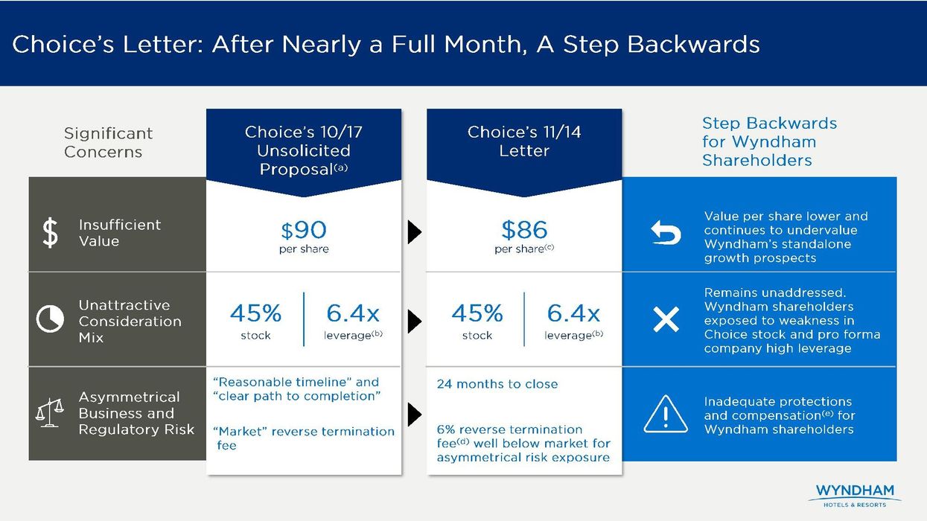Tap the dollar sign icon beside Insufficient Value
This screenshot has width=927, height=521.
click(50, 233)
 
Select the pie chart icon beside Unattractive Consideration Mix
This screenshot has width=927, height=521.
click(50, 320)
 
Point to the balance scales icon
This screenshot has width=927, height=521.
click(50, 413)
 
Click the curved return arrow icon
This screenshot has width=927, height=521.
click(665, 233)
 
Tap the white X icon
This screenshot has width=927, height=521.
click(665, 319)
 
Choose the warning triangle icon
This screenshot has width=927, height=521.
click(665, 414)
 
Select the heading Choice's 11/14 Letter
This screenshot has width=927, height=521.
click(524, 141)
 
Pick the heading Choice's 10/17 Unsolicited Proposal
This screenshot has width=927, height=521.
click(304, 150)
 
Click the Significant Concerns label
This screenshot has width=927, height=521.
click(108, 142)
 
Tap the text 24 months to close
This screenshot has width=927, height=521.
click(497, 385)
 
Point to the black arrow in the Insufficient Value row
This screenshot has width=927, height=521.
click(415, 233)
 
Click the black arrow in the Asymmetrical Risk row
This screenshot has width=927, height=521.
click(415, 414)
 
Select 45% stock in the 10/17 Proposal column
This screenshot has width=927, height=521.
click(255, 321)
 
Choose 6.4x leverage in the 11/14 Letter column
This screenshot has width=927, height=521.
click(573, 321)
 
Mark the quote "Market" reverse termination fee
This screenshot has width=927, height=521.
click(303, 438)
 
